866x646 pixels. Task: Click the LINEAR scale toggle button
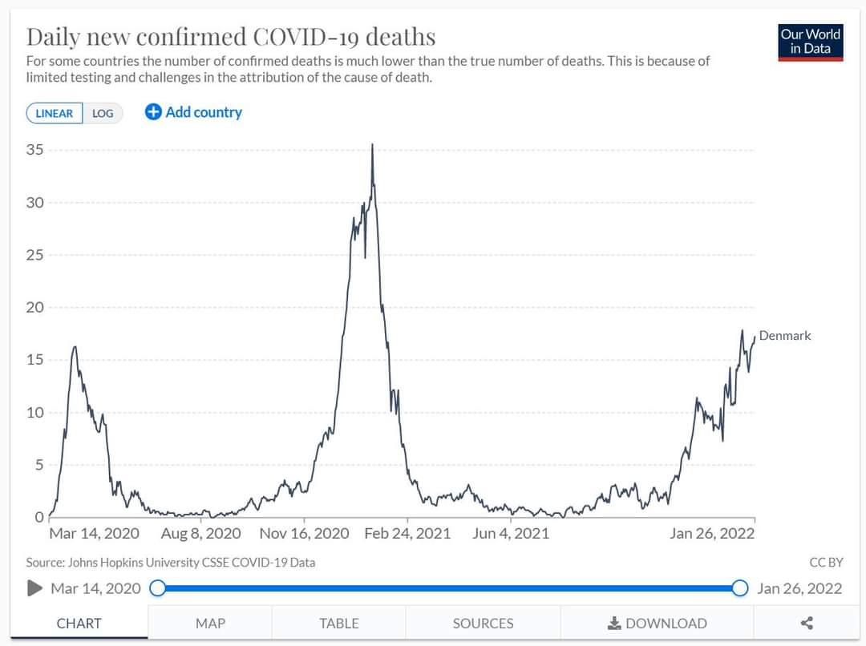coord(55,113)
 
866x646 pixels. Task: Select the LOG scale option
coord(103,113)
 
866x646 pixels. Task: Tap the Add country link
coord(193,112)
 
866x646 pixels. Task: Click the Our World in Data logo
coord(810,42)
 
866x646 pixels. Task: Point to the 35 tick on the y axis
coord(35,150)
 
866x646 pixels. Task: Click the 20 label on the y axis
coord(35,308)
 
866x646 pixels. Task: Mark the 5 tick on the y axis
coord(38,465)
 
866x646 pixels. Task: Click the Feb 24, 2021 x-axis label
coord(407,533)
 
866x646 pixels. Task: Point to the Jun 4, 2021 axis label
coord(511,533)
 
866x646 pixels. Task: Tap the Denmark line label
coord(785,336)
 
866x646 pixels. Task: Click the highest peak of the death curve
coord(372,145)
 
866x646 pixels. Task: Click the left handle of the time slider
coord(158,588)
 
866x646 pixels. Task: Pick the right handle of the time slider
coord(739,588)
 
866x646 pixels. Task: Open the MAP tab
coord(210,623)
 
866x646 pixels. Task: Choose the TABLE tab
coord(338,623)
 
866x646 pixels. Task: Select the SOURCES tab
coord(483,623)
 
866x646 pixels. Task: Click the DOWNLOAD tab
coord(658,623)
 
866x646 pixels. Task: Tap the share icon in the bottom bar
coord(807,623)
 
